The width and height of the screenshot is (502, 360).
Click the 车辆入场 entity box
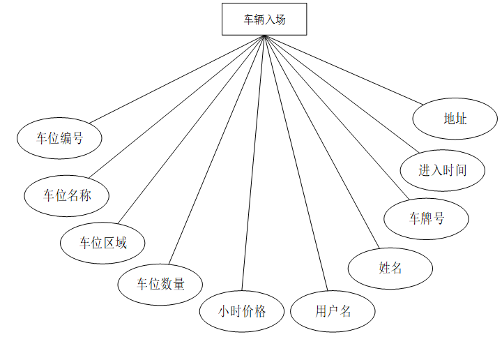click(x=264, y=19)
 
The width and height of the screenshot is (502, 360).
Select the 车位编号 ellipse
click(x=59, y=137)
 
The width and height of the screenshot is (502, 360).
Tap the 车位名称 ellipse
click(x=67, y=195)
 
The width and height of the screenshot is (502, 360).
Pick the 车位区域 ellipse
click(x=102, y=242)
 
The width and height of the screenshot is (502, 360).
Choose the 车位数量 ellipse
click(x=160, y=283)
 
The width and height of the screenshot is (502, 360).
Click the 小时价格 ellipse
click(x=242, y=310)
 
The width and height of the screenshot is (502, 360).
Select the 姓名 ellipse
click(x=390, y=267)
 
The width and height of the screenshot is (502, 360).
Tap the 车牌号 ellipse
click(x=426, y=218)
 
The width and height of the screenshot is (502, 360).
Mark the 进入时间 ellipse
click(x=442, y=170)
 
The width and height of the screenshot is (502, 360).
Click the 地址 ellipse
click(x=455, y=119)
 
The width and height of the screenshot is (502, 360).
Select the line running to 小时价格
click(x=253, y=162)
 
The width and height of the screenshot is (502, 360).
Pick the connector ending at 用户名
click(x=295, y=162)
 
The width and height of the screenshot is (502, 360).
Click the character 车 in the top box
click(x=248, y=20)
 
